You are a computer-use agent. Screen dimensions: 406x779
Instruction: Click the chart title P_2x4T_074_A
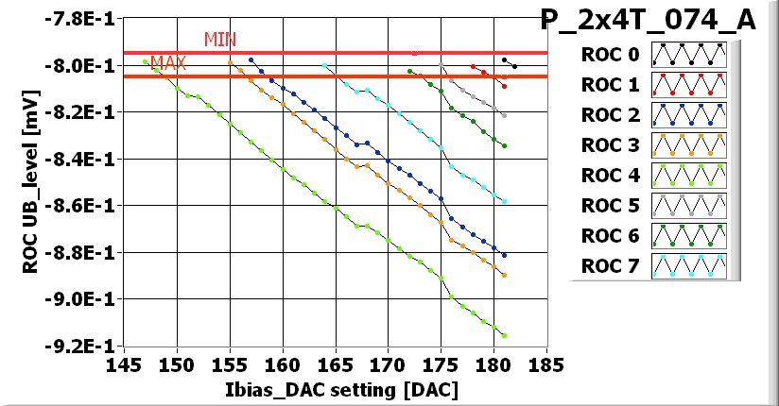(x=648, y=20)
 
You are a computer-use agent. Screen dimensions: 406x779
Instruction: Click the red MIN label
(x=220, y=40)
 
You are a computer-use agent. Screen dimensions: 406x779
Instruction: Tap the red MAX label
(x=168, y=63)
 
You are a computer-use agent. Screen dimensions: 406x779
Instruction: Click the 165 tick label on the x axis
(x=336, y=364)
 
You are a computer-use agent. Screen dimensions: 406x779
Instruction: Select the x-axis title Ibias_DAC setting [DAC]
(x=336, y=389)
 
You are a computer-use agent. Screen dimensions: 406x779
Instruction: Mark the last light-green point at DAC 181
(x=504, y=335)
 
